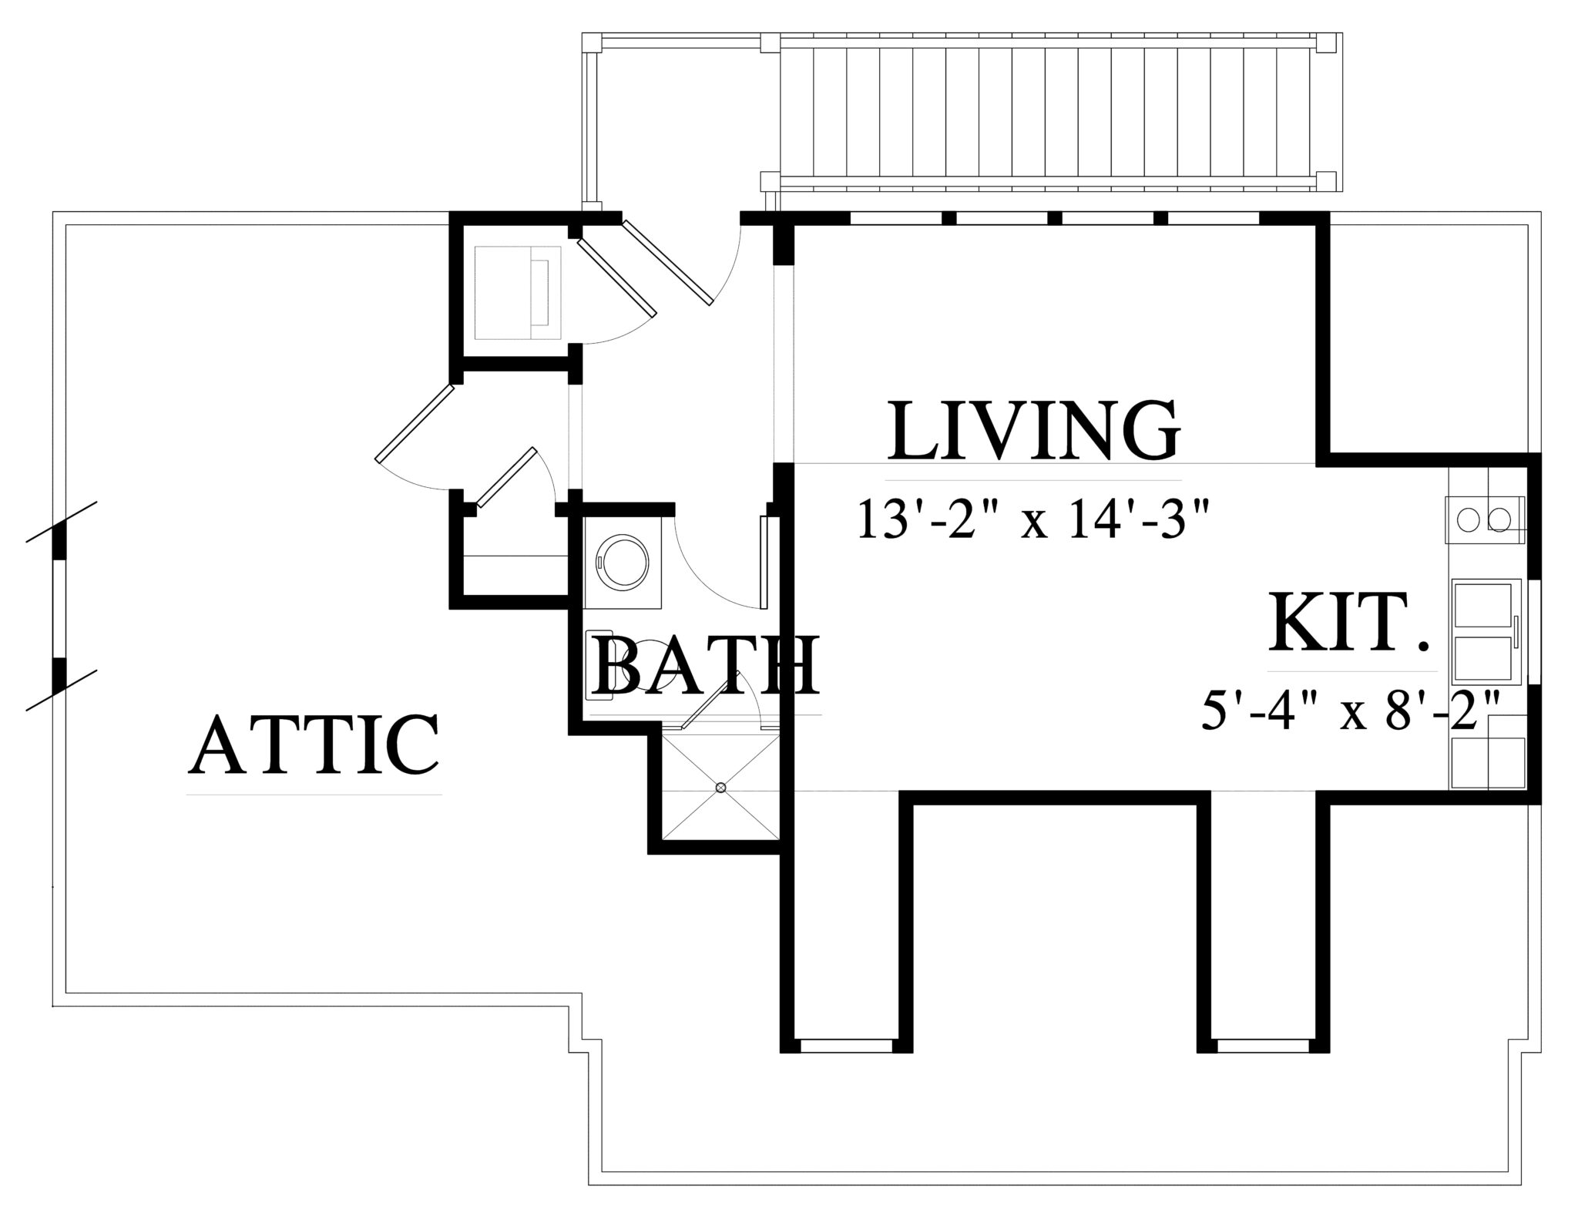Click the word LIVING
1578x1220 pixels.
click(x=1034, y=429)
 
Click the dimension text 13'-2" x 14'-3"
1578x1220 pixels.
click(x=1030, y=519)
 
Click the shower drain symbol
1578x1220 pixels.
click(x=720, y=788)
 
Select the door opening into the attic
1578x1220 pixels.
click(x=413, y=423)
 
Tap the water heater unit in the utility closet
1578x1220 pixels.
click(x=518, y=292)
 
